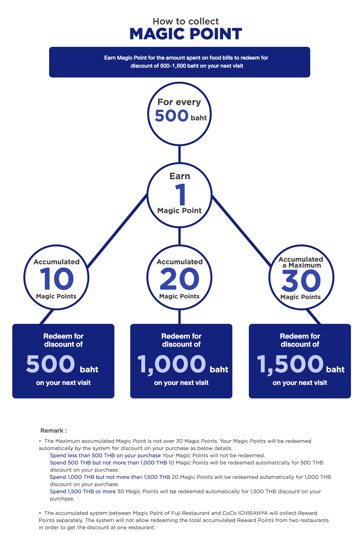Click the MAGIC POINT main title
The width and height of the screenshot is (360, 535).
(x=186, y=34)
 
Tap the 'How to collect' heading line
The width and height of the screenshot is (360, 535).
(x=186, y=21)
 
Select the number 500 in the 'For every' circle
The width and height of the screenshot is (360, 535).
(x=171, y=116)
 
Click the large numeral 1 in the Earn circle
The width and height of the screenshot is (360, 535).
(x=181, y=194)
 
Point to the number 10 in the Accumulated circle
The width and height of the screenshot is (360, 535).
(x=57, y=279)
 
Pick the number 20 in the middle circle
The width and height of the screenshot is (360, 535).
(x=179, y=279)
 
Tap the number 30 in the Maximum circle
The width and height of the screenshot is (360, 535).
(x=301, y=281)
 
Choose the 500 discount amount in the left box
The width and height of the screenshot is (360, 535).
(x=50, y=364)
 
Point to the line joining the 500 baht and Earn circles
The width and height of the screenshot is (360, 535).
(x=179, y=154)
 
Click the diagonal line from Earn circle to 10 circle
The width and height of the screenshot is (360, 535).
(x=117, y=231)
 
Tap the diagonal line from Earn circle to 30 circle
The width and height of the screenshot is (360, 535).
(x=242, y=231)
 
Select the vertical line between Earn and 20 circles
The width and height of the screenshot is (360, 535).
(x=179, y=236)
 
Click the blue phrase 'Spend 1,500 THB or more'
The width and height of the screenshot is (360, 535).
(x=83, y=491)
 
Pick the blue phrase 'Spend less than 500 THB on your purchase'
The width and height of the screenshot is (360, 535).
(x=105, y=456)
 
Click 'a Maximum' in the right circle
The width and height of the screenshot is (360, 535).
(x=302, y=265)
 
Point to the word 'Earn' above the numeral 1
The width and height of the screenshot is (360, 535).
(x=180, y=176)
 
